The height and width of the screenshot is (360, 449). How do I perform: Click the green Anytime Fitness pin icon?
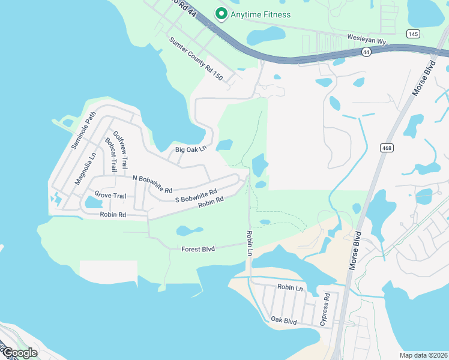pos(221,13)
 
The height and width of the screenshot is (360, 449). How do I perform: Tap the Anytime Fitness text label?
pos(261,14)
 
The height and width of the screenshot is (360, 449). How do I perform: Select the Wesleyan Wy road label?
pos(367,37)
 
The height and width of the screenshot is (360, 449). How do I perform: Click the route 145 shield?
pos(412,34)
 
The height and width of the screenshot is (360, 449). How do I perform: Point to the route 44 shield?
pos(366,53)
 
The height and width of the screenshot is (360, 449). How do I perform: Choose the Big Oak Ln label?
pos(191,149)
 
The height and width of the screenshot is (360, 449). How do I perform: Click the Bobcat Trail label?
pos(110,154)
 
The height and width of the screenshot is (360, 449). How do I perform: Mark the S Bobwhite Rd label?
pos(195,196)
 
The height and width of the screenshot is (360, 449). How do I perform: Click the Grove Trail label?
pos(110,195)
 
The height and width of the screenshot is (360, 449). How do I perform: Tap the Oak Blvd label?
pos(284,321)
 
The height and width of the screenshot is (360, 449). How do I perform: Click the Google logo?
pos(19,353)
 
